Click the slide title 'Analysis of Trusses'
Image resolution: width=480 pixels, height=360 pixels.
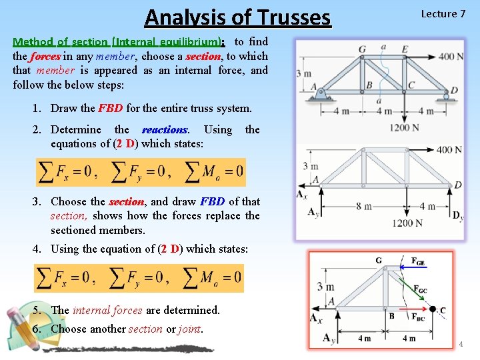coord(237,16)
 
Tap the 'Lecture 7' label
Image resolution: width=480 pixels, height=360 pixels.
coord(443,14)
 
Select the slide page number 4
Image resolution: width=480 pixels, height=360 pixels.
coord(460,344)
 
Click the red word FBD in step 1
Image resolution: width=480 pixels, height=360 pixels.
coord(111,108)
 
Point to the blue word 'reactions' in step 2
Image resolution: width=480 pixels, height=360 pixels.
coord(165,129)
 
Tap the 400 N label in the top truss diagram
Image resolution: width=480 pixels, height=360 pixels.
coord(452,57)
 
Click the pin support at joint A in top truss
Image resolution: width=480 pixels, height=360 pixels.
coord(321,96)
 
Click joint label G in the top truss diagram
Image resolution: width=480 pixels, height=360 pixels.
coord(362,49)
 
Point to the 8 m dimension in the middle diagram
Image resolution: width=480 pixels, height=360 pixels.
coord(364,206)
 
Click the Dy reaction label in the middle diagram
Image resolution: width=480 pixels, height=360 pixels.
coord(457,215)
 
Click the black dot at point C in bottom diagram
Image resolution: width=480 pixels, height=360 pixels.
coord(432,309)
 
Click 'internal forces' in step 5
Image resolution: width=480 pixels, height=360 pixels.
coord(107,310)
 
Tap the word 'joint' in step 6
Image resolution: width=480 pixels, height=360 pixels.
coord(189,329)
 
